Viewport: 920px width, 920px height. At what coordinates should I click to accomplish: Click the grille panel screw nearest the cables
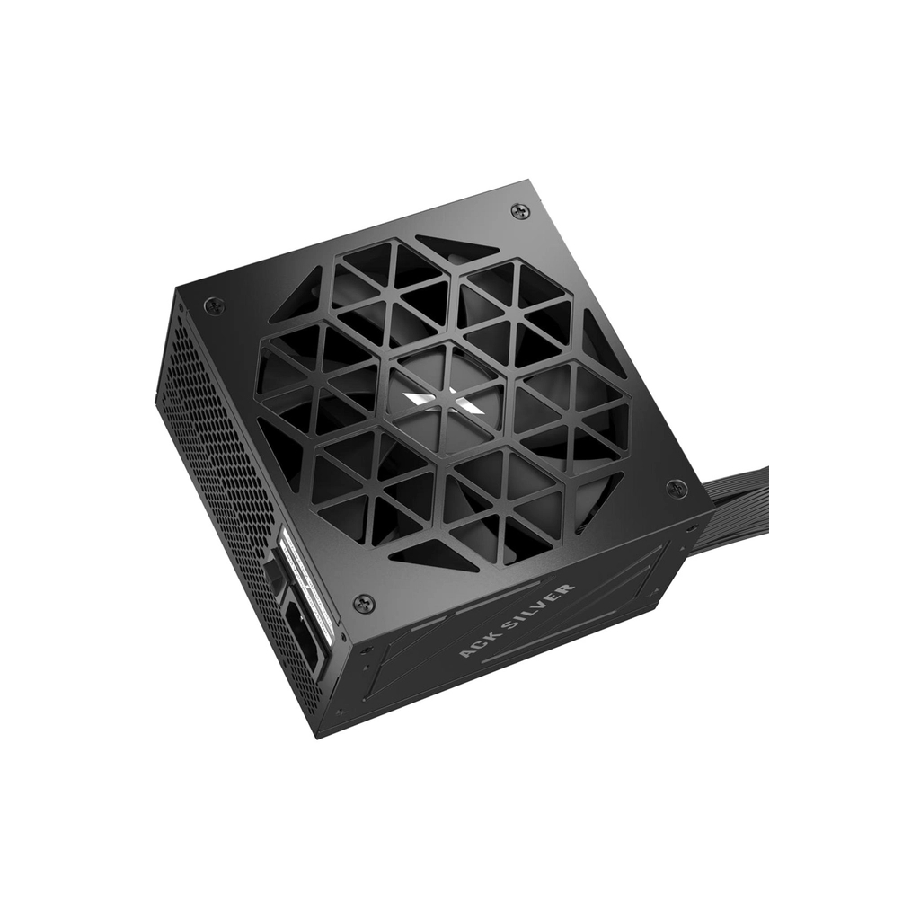pyautogui.click(x=676, y=489)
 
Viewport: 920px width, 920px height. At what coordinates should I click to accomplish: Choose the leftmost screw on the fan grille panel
pyautogui.click(x=214, y=305)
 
